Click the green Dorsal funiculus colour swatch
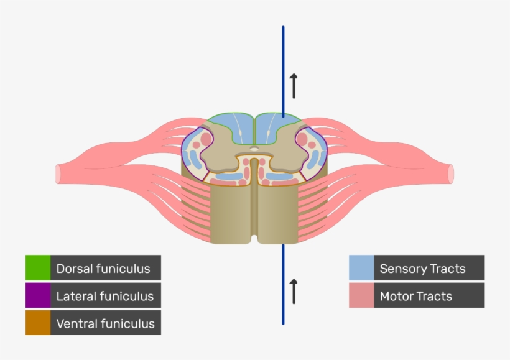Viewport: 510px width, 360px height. pyautogui.click(x=38, y=268)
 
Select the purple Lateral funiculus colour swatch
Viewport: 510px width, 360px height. pyautogui.click(x=38, y=295)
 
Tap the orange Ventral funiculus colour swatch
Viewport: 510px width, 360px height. pyautogui.click(x=38, y=323)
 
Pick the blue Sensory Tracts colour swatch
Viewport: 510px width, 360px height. pyautogui.click(x=361, y=268)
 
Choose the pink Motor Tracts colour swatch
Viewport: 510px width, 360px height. pyautogui.click(x=361, y=295)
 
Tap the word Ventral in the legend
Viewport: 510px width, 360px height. pyautogui.click(x=75, y=323)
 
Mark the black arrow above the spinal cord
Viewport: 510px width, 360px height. pyautogui.click(x=293, y=85)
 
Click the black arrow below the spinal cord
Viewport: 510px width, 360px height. pyautogui.click(x=293, y=291)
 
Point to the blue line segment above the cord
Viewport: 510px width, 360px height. pyautogui.click(x=283, y=68)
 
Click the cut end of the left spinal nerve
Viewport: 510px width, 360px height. pyautogui.click(x=58, y=173)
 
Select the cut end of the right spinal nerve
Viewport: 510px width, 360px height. pyautogui.click(x=451, y=173)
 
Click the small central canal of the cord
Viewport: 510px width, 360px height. pyautogui.click(x=254, y=149)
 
